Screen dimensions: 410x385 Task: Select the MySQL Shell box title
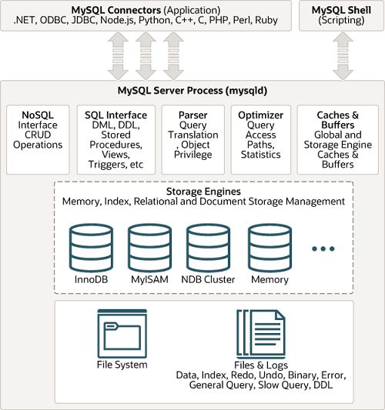[340, 8]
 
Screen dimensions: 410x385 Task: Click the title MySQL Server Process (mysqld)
[192, 89]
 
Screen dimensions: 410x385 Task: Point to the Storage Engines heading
[203, 191]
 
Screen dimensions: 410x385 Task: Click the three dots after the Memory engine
[323, 248]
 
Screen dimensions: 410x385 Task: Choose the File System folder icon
[122, 332]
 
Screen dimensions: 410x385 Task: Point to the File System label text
[122, 365]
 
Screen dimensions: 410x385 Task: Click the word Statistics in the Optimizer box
[261, 155]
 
